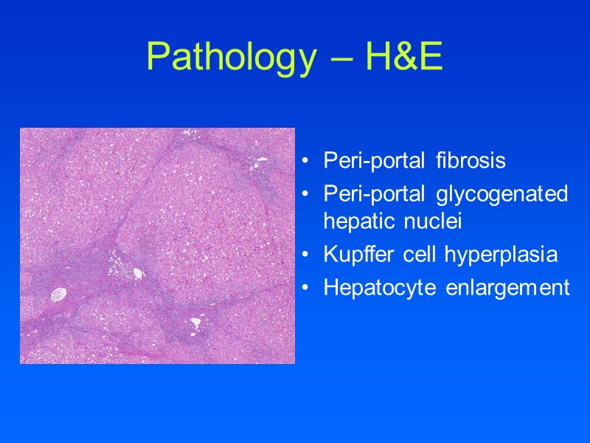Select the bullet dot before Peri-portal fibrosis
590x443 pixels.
pos(305,161)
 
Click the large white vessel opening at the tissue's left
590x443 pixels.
pos(58,295)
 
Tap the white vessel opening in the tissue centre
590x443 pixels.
pos(138,273)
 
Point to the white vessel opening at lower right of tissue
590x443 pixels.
pos(195,323)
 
